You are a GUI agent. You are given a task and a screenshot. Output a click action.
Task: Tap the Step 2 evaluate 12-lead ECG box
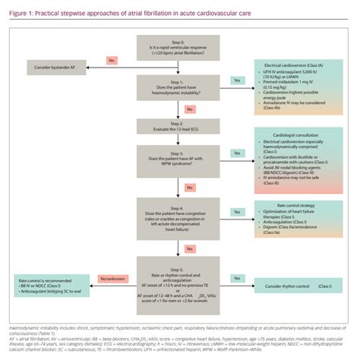tap(180, 125)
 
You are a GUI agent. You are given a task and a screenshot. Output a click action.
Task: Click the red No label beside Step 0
tap(112, 59)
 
